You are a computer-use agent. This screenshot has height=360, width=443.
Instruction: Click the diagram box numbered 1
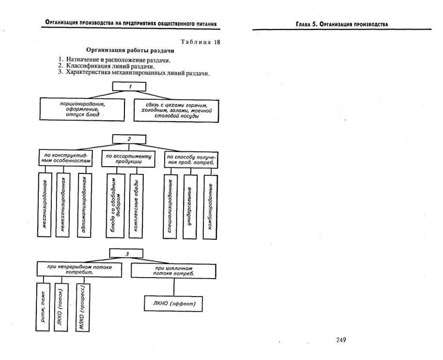click(129, 86)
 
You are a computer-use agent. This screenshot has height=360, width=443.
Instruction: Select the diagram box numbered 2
click(129, 139)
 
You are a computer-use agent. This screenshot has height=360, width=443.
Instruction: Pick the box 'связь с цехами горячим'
click(176, 111)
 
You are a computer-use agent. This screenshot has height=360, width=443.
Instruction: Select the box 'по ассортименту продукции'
click(129, 159)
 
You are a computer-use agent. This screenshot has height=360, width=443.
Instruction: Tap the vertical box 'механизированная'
click(45, 205)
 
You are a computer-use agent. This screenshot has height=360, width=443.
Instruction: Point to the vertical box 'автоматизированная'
click(84, 205)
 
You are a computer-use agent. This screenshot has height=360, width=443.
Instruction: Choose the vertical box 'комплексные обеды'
click(137, 206)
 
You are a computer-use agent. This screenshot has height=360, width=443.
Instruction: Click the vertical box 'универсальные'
click(190, 206)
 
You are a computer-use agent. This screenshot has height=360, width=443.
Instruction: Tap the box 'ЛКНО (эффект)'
click(173, 304)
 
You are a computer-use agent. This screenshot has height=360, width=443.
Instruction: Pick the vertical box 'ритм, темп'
click(43, 307)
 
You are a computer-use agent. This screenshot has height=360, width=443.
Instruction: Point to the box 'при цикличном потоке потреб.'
click(173, 270)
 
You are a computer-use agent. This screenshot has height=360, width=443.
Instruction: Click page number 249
click(341, 340)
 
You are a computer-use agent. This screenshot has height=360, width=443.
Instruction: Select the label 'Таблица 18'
click(200, 42)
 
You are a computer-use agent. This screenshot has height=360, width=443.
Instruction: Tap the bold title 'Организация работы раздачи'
click(130, 50)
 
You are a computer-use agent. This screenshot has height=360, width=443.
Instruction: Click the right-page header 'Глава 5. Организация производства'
click(342, 24)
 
